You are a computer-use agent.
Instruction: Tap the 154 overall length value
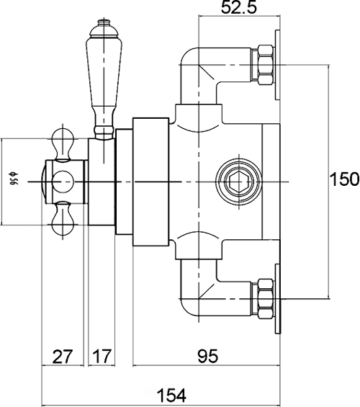[171, 395]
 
